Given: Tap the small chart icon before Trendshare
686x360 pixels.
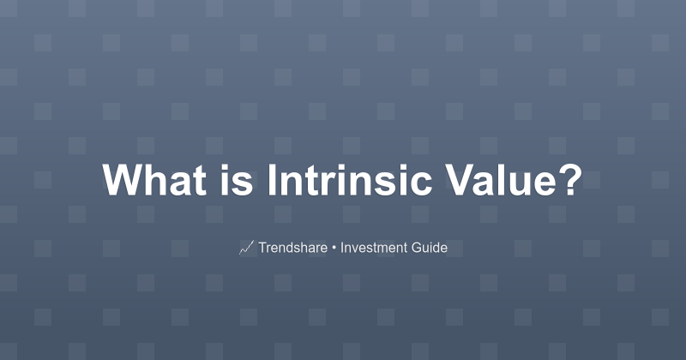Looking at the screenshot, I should (x=246, y=249).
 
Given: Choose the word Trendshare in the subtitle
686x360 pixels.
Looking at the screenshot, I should (x=292, y=249).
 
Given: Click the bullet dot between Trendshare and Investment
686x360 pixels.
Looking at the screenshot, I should (x=333, y=249).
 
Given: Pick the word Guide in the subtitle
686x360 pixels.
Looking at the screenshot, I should (x=429, y=249).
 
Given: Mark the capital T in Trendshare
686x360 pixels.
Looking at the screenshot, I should (x=262, y=249).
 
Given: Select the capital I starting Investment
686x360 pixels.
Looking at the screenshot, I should (x=342, y=249).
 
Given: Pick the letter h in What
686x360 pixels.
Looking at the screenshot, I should (x=155, y=181).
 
